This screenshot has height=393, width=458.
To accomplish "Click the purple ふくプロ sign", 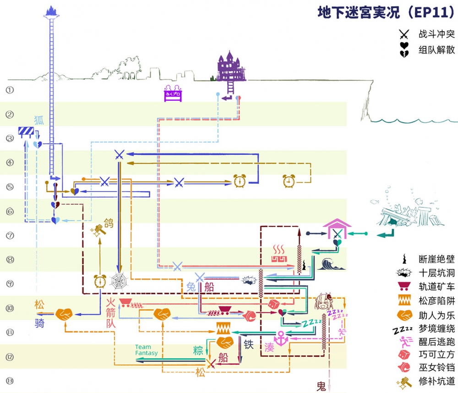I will [173, 93].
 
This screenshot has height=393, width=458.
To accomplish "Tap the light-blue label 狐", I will [39, 120].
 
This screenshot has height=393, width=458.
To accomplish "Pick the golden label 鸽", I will [109, 224].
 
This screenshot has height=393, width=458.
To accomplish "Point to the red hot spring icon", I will [278, 255].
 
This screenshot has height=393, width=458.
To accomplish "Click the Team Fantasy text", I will [146, 350].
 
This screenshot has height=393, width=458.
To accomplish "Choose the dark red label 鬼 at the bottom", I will [322, 387].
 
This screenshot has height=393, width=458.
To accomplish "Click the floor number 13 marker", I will [10, 381].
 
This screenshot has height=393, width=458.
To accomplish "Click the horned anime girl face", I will [324, 302].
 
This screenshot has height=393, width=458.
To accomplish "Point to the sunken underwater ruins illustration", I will [403, 213].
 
